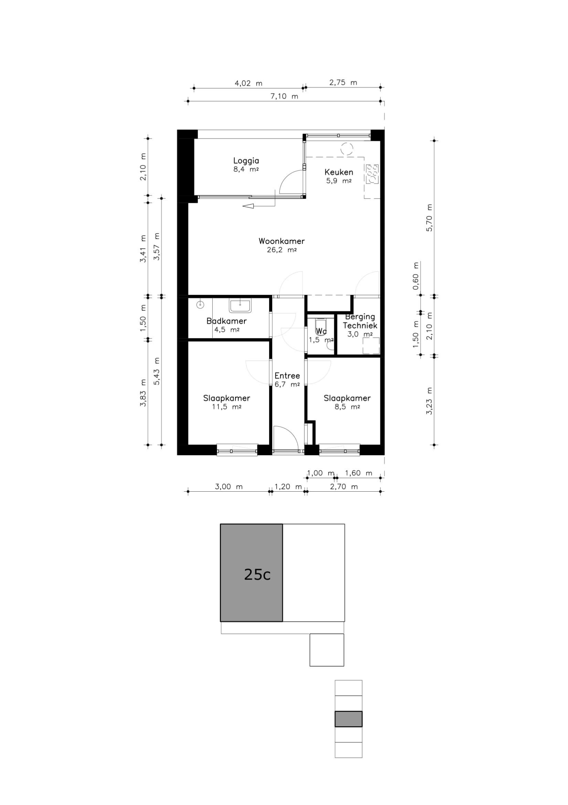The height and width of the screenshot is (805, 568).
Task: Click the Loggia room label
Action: [x=246, y=161]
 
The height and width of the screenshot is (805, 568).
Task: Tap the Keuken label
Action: [x=338, y=172]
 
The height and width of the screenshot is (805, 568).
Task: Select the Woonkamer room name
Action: [x=281, y=241]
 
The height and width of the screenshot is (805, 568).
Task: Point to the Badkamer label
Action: [x=226, y=321]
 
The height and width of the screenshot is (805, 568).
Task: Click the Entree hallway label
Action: [x=287, y=376]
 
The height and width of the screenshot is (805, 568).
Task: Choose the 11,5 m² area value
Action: [x=226, y=407]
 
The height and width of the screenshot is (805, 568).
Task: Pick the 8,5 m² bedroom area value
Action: [x=347, y=407]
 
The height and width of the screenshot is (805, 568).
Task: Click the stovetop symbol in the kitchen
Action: [x=372, y=174]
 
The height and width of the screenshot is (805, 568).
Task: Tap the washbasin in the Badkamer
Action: [x=240, y=306]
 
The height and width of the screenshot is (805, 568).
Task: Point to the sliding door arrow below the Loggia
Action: [x=259, y=206]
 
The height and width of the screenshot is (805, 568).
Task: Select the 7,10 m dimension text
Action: [x=284, y=97]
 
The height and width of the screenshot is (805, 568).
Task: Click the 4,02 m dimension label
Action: [x=248, y=83]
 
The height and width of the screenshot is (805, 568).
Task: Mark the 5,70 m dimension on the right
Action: [x=430, y=217]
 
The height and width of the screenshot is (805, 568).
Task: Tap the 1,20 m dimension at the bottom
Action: [x=288, y=487]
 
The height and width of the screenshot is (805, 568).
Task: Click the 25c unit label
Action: [x=257, y=574]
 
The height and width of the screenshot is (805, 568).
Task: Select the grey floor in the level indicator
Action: [x=348, y=719]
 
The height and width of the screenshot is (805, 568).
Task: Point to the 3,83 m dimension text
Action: [x=143, y=393]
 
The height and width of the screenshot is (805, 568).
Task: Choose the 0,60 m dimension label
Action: [x=416, y=276]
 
